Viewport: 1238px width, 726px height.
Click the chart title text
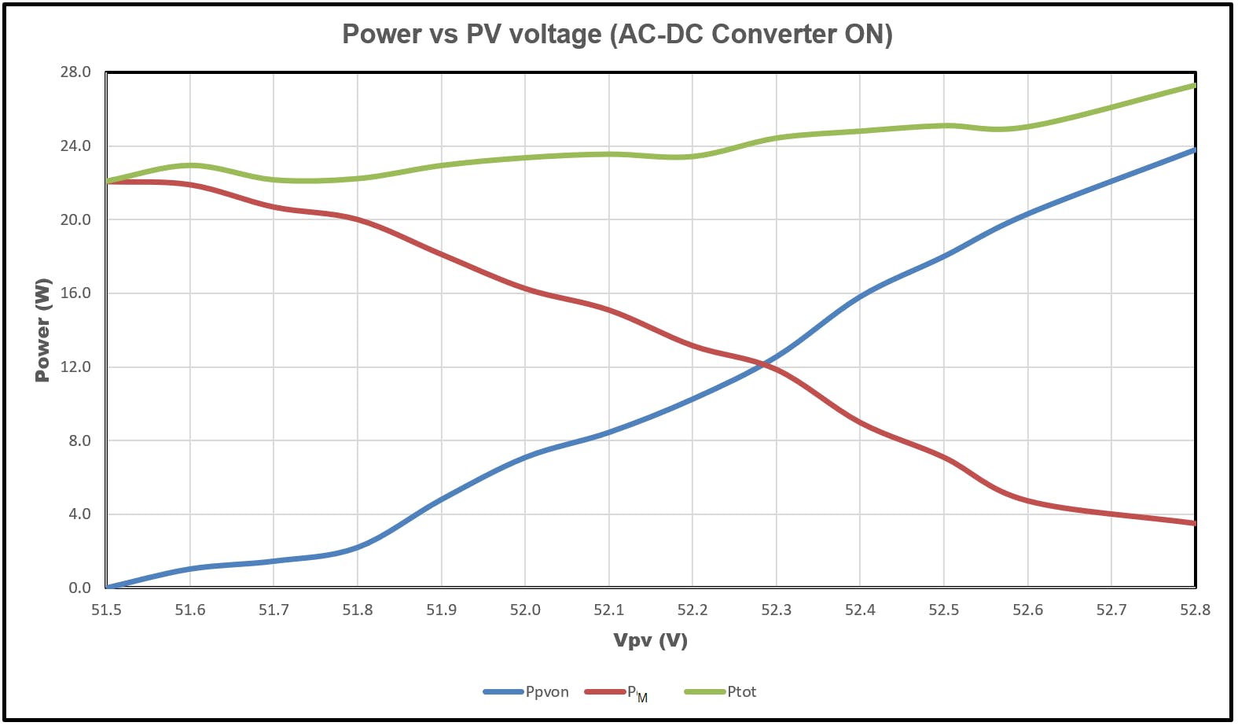pyautogui.click(x=617, y=35)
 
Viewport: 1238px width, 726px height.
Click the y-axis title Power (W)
pyautogui.click(x=42, y=330)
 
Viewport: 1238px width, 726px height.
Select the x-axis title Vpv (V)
pyautogui.click(x=650, y=640)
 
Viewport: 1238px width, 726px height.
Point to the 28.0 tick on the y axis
pyautogui.click(x=75, y=72)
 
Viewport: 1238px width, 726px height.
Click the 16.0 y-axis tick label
pyautogui.click(x=75, y=293)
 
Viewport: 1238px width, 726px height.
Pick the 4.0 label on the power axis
pyautogui.click(x=79, y=514)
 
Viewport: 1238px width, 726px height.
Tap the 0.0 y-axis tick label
pyautogui.click(x=79, y=588)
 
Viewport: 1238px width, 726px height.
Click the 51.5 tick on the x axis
pyautogui.click(x=106, y=610)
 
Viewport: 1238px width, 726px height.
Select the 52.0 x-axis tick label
pyautogui.click(x=525, y=610)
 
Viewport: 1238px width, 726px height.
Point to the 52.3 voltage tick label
pyautogui.click(x=776, y=610)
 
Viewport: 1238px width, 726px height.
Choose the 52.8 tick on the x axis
pyautogui.click(x=1195, y=610)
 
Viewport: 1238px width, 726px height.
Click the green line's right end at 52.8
pyautogui.click(x=1193, y=86)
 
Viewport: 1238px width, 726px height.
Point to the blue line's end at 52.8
pyautogui.click(x=1193, y=150)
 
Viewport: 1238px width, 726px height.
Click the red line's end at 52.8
pyautogui.click(x=1193, y=522)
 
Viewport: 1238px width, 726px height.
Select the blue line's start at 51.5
pyautogui.click(x=108, y=587)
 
